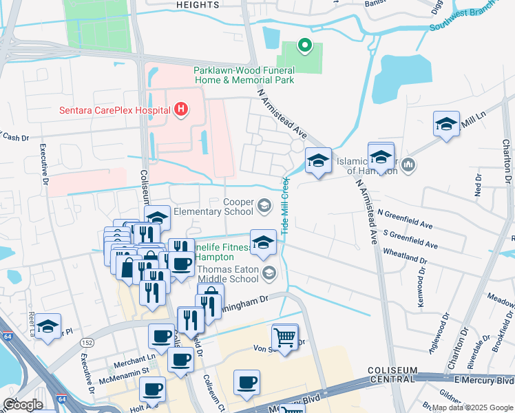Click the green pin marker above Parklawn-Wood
pos(304,47)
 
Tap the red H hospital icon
pos(181,109)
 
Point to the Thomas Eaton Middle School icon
pos(269,274)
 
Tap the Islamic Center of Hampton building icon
pos(408,165)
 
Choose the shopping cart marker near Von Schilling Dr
pos(284,337)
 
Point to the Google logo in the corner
pos(23,405)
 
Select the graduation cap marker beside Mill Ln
pos(446,125)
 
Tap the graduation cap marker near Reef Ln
pos(48,327)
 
